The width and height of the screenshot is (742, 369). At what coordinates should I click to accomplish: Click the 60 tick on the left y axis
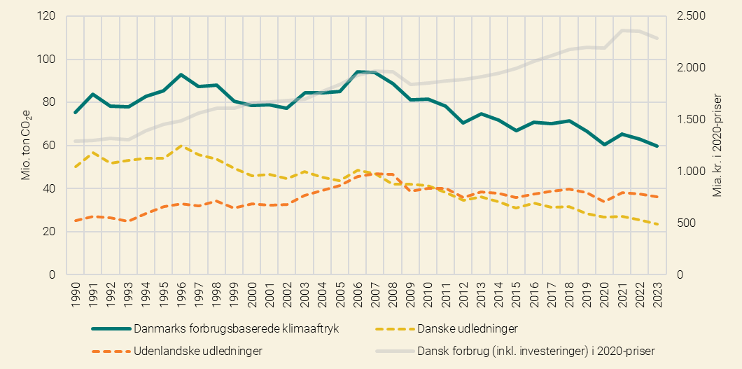48,146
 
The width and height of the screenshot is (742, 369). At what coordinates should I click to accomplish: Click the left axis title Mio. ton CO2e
26,145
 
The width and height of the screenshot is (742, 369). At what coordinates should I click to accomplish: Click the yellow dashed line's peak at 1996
181,146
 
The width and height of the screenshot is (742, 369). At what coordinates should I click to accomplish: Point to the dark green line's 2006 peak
356,71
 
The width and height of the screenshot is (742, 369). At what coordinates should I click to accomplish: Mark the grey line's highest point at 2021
622,30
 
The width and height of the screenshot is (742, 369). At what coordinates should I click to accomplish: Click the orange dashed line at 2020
605,202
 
